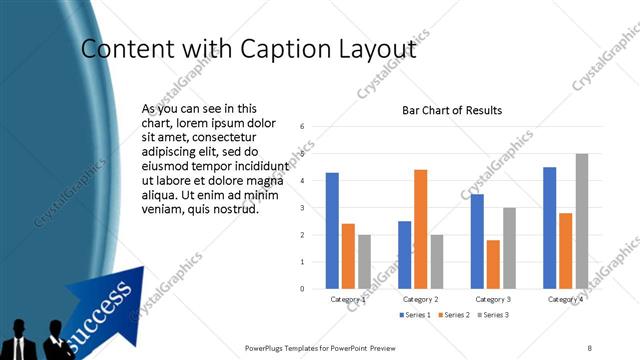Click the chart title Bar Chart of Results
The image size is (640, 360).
pyautogui.click(x=452, y=110)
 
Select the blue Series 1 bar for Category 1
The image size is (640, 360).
pyautogui.click(x=332, y=231)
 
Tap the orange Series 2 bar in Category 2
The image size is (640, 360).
pyautogui.click(x=420, y=229)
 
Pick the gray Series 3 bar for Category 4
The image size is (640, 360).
pyautogui.click(x=582, y=221)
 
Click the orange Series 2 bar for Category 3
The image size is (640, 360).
pyautogui.click(x=493, y=264)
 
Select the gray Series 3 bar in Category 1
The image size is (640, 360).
pyautogui.click(x=364, y=262)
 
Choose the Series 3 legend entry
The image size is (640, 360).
pyautogui.click(x=494, y=315)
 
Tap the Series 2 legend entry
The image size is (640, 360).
pyautogui.click(x=456, y=315)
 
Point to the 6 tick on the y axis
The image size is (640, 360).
pyautogui.click(x=303, y=127)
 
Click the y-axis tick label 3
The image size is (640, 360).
pyautogui.click(x=303, y=208)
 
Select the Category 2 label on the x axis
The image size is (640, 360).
pyautogui.click(x=420, y=299)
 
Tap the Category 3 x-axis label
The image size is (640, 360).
pyautogui.click(x=493, y=299)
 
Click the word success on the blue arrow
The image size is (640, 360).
pyautogui.click(x=103, y=308)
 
